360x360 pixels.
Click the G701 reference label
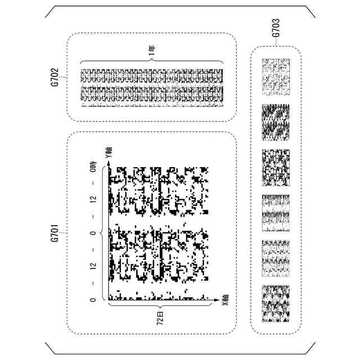[55, 232]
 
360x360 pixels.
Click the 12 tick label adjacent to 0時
[93, 200]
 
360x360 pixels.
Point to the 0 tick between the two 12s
[93, 232]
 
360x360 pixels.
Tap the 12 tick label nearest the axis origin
[93, 265]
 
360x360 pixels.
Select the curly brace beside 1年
[152, 61]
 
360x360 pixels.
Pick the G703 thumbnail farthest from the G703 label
[276, 304]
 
